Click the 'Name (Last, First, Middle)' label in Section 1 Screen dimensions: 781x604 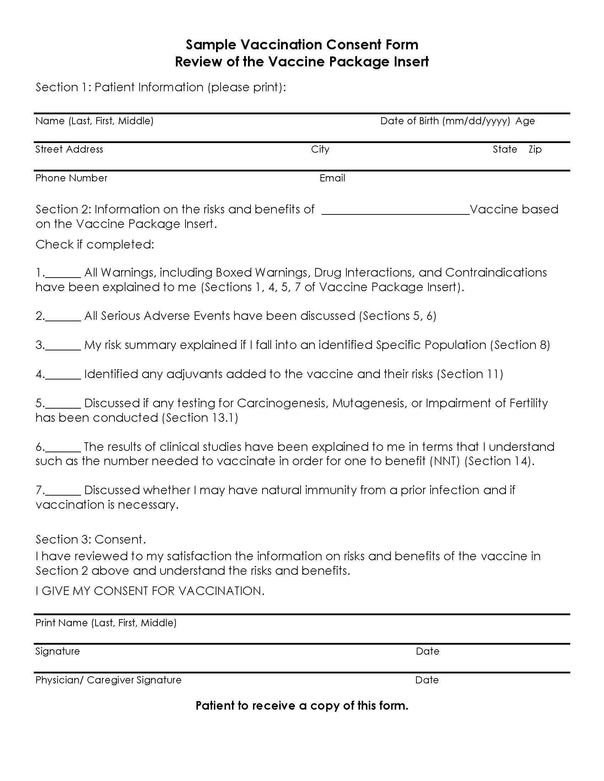point(94,121)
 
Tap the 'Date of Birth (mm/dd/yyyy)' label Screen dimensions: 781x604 point(445,121)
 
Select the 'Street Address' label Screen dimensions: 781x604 point(69,149)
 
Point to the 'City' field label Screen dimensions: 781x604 point(320,149)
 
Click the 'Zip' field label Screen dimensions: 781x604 point(535,149)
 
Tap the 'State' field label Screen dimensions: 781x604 point(505,149)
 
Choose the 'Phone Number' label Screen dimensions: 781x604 point(71,178)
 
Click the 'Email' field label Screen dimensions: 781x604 point(332,178)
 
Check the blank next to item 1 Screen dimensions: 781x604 point(63,274)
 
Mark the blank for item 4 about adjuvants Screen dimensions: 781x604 point(63,375)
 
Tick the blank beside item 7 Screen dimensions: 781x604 point(63,491)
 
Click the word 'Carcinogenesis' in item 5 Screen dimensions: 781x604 point(282,403)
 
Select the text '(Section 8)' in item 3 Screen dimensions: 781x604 point(520,345)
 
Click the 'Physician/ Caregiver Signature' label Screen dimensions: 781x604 point(108,680)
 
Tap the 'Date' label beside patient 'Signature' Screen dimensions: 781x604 point(427,651)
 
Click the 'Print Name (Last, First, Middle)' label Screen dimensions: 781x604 point(106,623)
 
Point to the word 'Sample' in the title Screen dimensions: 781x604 point(211,45)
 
